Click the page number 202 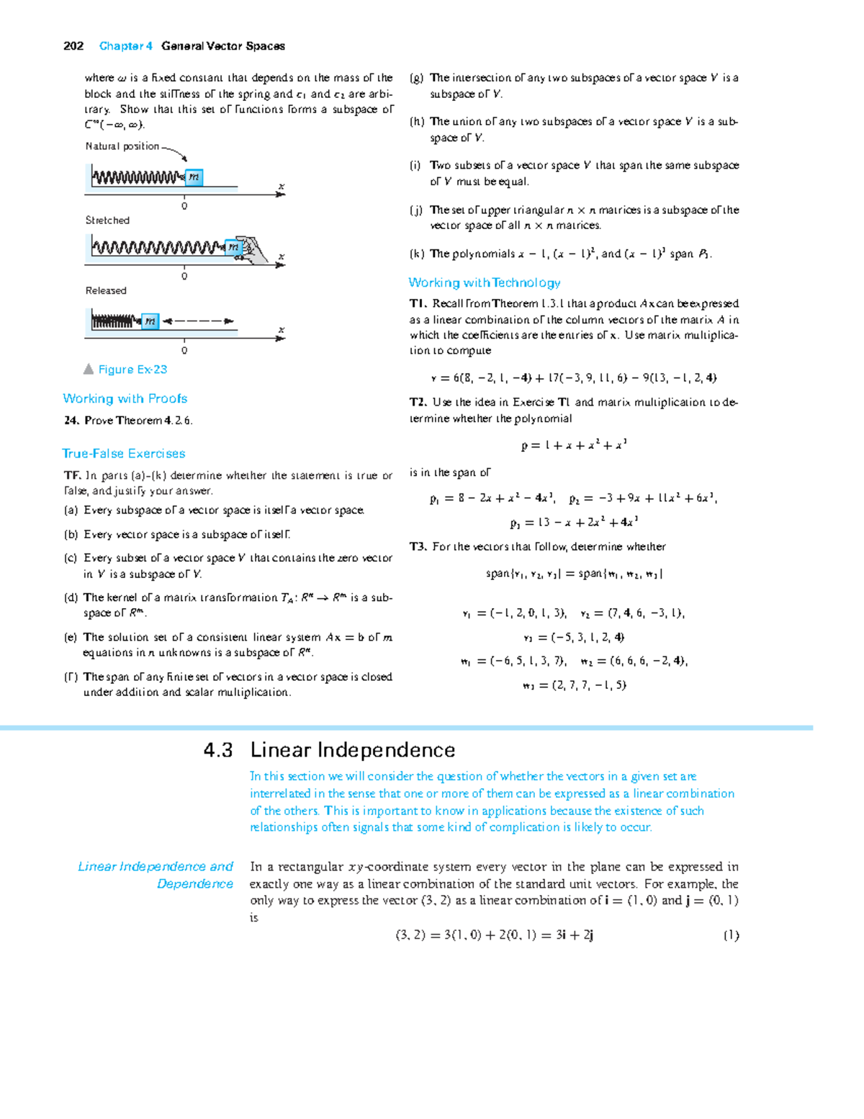tap(73, 46)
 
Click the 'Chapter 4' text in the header tap(126, 46)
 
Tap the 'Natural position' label tap(122, 146)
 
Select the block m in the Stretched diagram tap(233, 248)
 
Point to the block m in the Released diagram tap(150, 321)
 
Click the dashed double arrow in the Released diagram tap(198, 321)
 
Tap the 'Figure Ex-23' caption tap(132, 370)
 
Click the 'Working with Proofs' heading tap(125, 398)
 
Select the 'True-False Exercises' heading tap(124, 453)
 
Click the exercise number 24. tap(71, 421)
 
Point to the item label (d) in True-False tap(71, 597)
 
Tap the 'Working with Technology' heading tap(485, 282)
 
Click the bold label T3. tap(418, 547)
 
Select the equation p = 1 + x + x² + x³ tap(574, 445)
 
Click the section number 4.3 tap(218, 750)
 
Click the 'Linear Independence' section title tap(353, 750)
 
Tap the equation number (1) tap(731, 935)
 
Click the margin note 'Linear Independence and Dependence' tap(156, 875)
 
